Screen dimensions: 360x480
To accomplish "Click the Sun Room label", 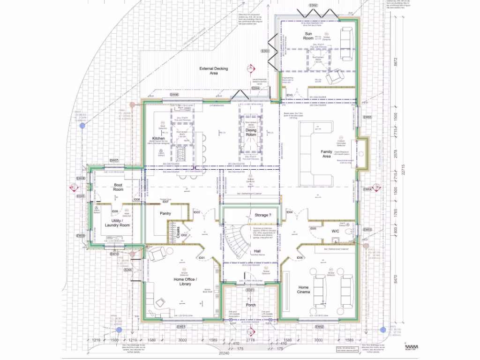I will click(x=308, y=36).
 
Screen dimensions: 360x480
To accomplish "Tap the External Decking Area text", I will click(x=213, y=71).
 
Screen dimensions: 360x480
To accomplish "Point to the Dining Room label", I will click(x=251, y=132).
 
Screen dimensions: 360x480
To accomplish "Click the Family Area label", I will click(x=326, y=154).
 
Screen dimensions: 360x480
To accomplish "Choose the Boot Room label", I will click(x=118, y=187).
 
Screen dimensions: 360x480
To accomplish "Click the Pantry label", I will click(x=165, y=213).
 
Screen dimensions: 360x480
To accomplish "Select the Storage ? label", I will click(x=262, y=215).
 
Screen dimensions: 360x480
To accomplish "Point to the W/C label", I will click(x=336, y=231).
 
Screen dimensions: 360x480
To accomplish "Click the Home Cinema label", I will click(x=304, y=289).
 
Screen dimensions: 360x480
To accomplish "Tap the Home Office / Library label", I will click(x=185, y=281).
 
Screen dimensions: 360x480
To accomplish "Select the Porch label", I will click(x=251, y=305).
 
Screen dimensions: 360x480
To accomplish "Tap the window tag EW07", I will click(x=114, y=160).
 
